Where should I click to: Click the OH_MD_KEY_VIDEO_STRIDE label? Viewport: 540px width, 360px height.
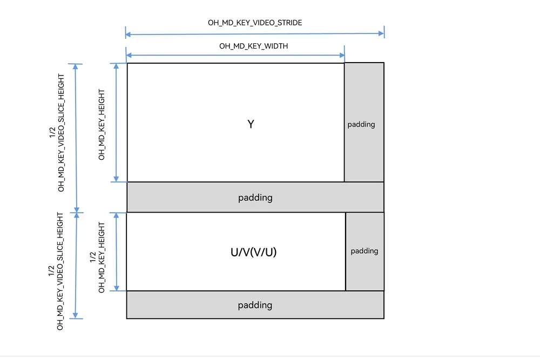click(255, 23)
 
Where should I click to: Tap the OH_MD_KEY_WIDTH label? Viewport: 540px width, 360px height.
click(253, 46)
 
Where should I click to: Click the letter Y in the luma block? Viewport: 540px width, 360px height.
click(251, 124)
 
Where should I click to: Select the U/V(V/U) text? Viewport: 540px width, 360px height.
click(253, 252)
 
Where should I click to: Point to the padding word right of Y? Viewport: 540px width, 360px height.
click(361, 124)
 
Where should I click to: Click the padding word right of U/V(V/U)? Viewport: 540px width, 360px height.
click(364, 251)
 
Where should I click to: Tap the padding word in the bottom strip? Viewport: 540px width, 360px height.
click(255, 305)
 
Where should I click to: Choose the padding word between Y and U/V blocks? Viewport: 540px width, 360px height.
click(255, 198)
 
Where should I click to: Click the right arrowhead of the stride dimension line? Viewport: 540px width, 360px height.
click(381, 33)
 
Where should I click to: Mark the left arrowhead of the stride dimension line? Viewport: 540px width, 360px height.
click(128, 34)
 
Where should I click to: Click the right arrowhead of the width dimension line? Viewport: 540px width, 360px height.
click(342, 55)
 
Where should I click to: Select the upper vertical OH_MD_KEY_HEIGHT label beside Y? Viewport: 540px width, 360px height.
click(102, 125)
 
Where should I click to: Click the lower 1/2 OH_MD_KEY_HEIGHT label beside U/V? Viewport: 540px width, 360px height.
click(97, 257)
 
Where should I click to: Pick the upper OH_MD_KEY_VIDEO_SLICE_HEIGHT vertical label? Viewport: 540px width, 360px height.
click(57, 133)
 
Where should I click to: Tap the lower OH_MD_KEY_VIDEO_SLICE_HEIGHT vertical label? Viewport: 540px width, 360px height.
click(56, 271)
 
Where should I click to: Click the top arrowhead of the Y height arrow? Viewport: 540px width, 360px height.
click(116, 66)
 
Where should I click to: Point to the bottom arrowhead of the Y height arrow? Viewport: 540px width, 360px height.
click(116, 179)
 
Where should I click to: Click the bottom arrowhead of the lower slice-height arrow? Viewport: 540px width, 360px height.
click(76, 315)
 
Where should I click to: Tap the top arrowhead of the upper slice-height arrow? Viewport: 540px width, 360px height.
click(76, 67)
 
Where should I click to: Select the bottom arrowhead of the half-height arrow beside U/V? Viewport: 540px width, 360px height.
click(117, 288)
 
